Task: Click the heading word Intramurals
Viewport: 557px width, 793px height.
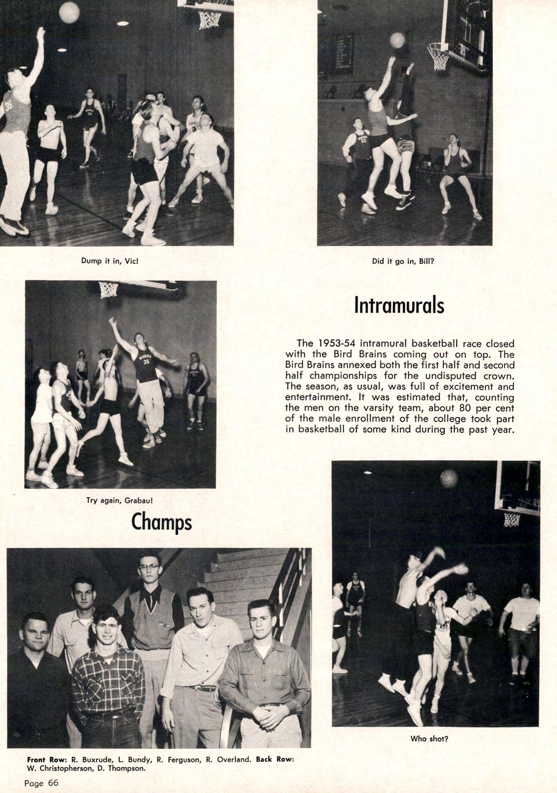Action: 399,306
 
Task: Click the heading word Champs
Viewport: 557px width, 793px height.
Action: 161,522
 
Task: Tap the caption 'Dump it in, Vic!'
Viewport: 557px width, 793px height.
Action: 110,261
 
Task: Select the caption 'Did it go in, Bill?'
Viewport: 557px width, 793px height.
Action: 403,261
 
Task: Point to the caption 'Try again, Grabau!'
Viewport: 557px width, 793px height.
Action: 120,500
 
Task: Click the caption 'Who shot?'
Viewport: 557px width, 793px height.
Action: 429,739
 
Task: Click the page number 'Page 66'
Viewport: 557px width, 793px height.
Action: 42,783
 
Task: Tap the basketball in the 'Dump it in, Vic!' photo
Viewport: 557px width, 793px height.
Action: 69,12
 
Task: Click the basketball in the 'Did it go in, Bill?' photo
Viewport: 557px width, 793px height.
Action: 397,40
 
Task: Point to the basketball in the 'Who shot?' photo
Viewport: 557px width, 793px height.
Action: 449,478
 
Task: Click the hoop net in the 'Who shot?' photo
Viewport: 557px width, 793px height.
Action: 512,520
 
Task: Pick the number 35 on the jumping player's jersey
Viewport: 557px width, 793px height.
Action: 146,362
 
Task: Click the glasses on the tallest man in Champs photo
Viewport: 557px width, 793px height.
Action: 150,567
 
